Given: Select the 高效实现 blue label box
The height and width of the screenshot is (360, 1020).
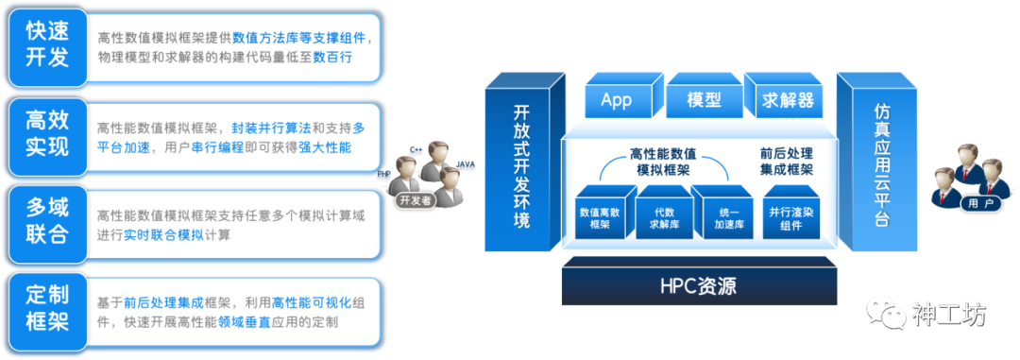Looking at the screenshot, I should pyautogui.click(x=47, y=133).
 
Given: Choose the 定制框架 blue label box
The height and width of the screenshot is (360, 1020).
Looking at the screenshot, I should pyautogui.click(x=47, y=306).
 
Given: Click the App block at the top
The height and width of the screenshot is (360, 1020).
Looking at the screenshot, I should pyautogui.click(x=616, y=99).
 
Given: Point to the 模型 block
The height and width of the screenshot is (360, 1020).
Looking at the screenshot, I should pyautogui.click(x=704, y=99).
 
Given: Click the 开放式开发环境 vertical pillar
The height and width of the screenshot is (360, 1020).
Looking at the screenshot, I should pyautogui.click(x=521, y=165).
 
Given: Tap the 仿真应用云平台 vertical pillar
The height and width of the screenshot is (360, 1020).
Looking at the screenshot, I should pyautogui.click(x=881, y=165).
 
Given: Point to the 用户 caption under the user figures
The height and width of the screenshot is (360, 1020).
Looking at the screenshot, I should pyautogui.click(x=973, y=203).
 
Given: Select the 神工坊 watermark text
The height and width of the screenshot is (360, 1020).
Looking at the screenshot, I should pyautogui.click(x=950, y=313).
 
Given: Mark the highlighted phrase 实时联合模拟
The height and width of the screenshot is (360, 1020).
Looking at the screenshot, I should pyautogui.click(x=163, y=235).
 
